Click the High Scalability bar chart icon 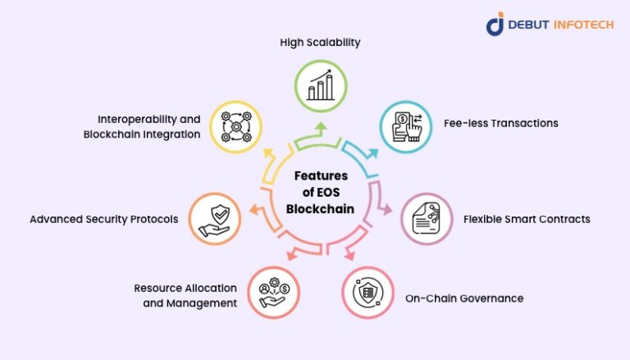pyautogui.click(x=321, y=85)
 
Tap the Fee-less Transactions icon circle pyautogui.click(x=405, y=127)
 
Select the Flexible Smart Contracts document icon pyautogui.click(x=426, y=219)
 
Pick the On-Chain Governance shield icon pyautogui.click(x=368, y=292)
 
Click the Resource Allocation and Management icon pyautogui.click(x=273, y=292)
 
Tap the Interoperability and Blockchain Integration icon pyautogui.click(x=235, y=127)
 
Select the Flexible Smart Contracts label pyautogui.click(x=527, y=219)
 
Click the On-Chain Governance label pyautogui.click(x=463, y=298)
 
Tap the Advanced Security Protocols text pyautogui.click(x=103, y=219)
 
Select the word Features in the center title pyautogui.click(x=321, y=175)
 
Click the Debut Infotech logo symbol pyautogui.click(x=495, y=24)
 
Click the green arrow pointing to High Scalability pyautogui.click(x=321, y=129)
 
